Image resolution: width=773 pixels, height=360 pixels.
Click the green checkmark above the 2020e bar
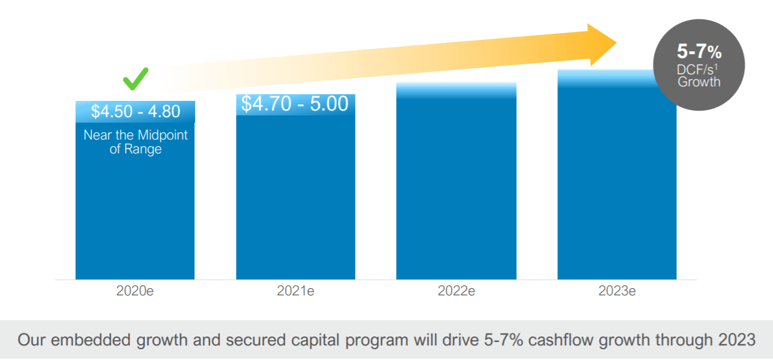[135, 79]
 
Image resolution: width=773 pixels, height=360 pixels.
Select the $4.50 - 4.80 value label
[135, 112]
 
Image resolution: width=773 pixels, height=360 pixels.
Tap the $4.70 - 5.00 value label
[295, 104]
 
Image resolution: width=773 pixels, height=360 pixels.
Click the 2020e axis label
[135, 291]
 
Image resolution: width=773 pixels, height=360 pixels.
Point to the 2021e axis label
[295, 291]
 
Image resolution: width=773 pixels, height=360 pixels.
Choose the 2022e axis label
[456, 291]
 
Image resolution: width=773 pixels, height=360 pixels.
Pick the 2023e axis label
[617, 291]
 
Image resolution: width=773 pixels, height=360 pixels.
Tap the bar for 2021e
[295, 199]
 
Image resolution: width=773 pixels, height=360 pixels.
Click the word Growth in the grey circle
[699, 82]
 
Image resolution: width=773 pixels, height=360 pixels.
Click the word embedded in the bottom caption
[90, 340]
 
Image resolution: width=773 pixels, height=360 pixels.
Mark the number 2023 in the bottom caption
[737, 340]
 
